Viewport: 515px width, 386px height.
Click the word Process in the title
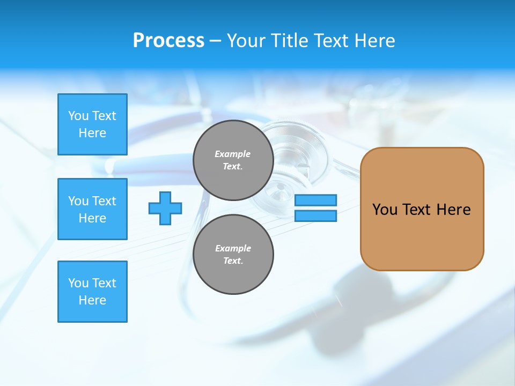[x=168, y=41]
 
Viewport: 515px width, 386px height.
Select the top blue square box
[x=92, y=124]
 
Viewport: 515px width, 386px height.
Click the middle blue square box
[x=92, y=209]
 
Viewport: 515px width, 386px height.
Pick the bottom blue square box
[x=92, y=292]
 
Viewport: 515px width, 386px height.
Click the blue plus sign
[x=165, y=208]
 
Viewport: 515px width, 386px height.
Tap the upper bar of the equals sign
[x=315, y=200]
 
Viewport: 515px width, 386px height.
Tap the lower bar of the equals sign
[x=315, y=216]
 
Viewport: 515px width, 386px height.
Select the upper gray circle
[x=233, y=160]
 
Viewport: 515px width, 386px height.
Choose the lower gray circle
[x=233, y=254]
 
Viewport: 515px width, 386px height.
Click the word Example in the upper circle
[x=233, y=154]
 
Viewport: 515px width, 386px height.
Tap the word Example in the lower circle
[x=233, y=248]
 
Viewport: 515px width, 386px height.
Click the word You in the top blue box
[x=78, y=116]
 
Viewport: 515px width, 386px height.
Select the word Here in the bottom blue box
[x=92, y=300]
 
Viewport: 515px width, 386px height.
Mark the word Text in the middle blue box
[x=104, y=201]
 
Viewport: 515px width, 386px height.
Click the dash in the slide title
[x=215, y=41]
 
